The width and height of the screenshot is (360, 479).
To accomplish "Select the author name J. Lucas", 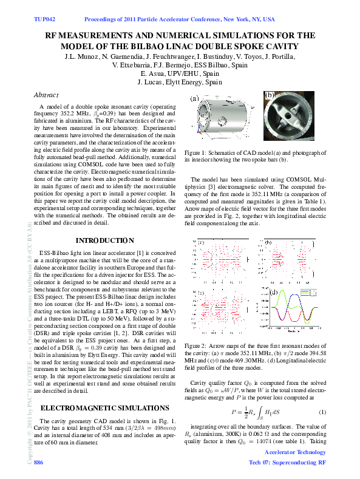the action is [154, 81].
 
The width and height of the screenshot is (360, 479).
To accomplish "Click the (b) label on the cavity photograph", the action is [270, 95].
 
